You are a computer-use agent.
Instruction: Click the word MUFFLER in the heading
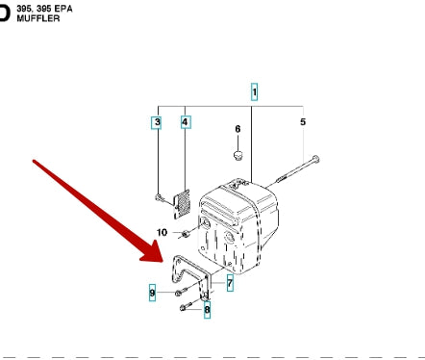pos(38,18)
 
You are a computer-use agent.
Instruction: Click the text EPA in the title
pos(63,9)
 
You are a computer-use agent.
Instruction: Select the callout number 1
pos(254,92)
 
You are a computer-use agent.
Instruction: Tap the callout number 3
pos(157,122)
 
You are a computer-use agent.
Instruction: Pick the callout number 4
pos(185,122)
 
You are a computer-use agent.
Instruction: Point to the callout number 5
pos(303,122)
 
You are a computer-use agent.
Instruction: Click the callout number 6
pos(237,129)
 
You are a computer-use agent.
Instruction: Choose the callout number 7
pos(230,283)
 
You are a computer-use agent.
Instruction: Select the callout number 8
pos(207,310)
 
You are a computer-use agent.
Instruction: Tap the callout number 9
pos(152,293)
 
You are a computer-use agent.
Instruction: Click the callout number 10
pos(162,232)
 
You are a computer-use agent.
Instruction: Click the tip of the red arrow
pos(163,262)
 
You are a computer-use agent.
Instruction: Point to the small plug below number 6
pos(237,155)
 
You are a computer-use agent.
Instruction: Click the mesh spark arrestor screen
pos(182,204)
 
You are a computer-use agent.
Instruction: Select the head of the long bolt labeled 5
pos(315,159)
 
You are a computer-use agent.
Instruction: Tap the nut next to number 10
pos(185,235)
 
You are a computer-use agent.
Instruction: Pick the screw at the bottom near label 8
pos(186,306)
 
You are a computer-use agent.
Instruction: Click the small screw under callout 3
pos(159,198)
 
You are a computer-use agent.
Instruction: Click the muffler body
pos(237,226)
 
